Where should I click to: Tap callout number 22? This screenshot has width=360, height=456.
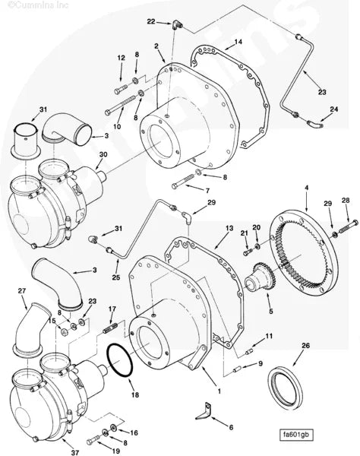(x=151, y=21)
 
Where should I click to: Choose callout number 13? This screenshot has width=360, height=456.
(x=229, y=227)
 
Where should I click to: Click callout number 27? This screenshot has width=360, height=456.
(x=22, y=290)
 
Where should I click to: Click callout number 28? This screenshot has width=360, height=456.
(x=346, y=200)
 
